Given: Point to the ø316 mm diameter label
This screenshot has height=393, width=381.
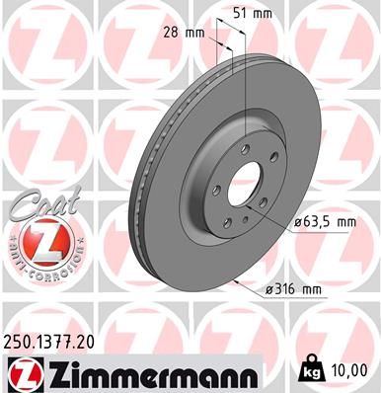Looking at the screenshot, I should pyautogui.click(x=295, y=289).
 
